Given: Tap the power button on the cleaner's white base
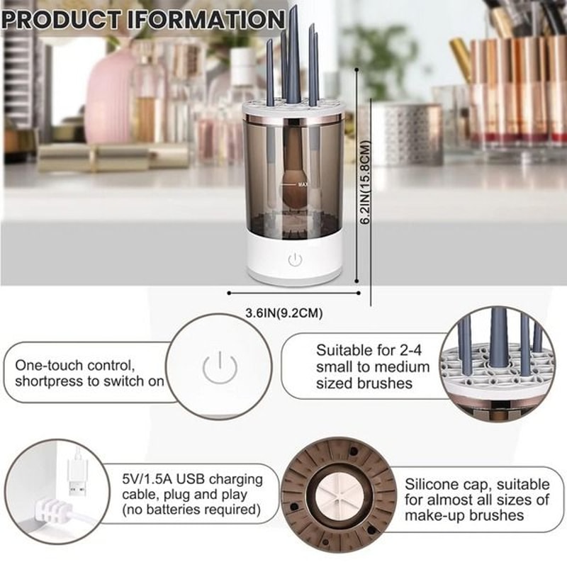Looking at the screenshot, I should tap(295, 259).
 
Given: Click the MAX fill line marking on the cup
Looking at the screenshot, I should tap(303, 184).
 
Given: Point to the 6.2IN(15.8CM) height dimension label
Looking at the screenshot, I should tap(366, 183).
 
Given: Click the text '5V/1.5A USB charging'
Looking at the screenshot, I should tap(192, 479).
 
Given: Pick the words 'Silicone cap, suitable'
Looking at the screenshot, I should tap(476, 485).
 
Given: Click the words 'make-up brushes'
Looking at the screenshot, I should tap(476, 516).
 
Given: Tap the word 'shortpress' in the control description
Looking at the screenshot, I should tap(49, 381).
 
